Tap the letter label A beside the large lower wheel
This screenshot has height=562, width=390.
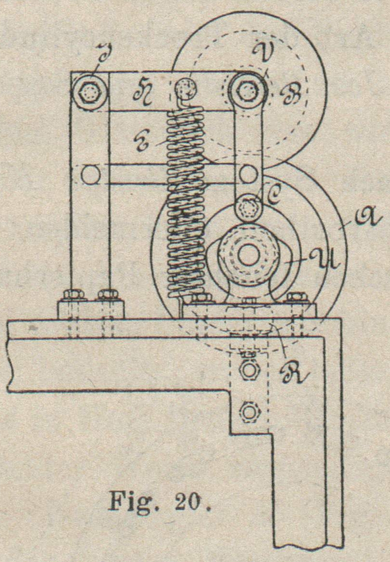click(x=353, y=223)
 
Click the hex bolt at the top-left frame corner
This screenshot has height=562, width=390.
click(x=90, y=91)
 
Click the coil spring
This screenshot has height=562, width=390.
click(x=186, y=202)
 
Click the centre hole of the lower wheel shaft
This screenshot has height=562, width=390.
click(x=248, y=255)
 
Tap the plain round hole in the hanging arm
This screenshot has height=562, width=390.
click(x=248, y=173)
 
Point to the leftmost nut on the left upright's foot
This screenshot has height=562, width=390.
click(x=75, y=294)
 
